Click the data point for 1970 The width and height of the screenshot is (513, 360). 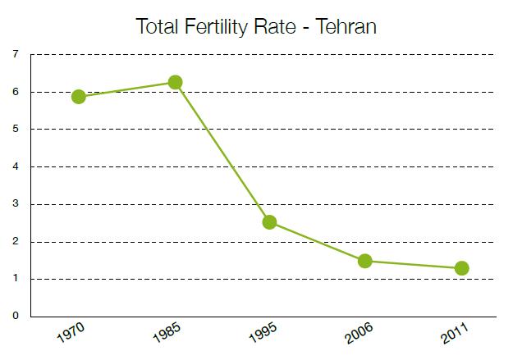pos(79,97)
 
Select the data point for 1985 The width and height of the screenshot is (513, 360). pos(175,82)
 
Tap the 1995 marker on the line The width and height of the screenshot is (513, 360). pos(269,222)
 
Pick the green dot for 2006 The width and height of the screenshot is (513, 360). pos(365,261)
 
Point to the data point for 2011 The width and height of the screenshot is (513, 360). pos(461,268)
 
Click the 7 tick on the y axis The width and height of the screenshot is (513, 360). pos(16,55)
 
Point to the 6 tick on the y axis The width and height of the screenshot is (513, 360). pos(16,92)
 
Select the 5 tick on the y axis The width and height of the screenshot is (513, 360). pos(16,130)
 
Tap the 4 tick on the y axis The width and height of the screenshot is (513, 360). pos(16,167)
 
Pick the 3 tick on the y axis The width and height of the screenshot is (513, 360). pos(16,204)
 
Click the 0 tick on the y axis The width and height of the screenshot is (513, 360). pos(16,317)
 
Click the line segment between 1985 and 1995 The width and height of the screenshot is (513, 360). pos(222,152)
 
